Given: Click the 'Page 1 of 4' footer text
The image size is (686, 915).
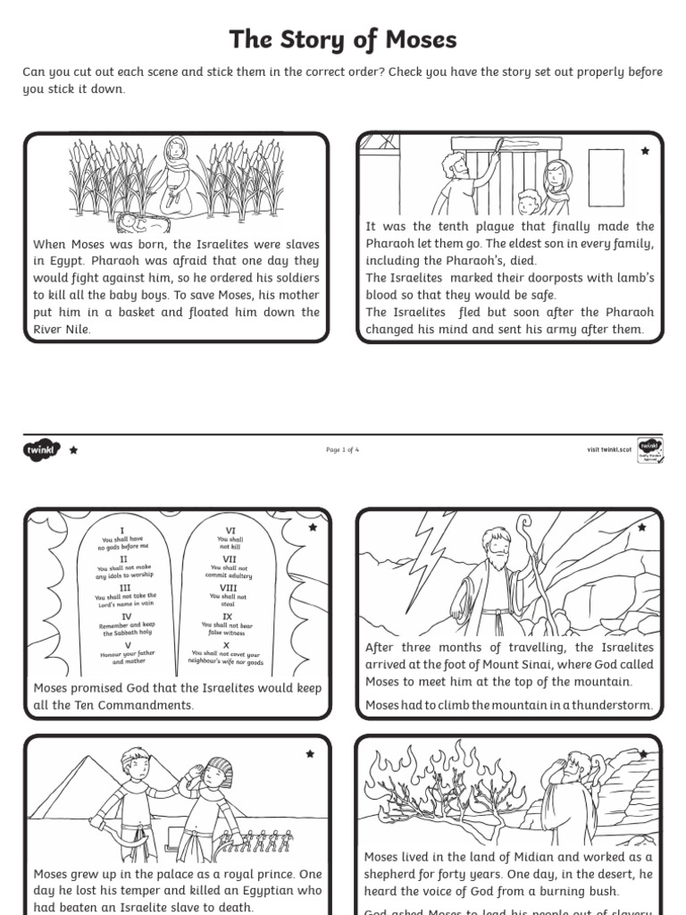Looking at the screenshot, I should tap(343, 450).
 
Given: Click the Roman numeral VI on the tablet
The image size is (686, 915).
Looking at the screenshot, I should tap(230, 530).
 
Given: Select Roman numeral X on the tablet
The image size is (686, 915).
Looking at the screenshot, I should tap(227, 645).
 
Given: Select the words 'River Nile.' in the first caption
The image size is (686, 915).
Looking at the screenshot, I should tap(62, 329).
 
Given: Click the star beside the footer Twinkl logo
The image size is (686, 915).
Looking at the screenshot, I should tap(73, 450).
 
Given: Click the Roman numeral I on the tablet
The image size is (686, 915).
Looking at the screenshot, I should tap(122, 530).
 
